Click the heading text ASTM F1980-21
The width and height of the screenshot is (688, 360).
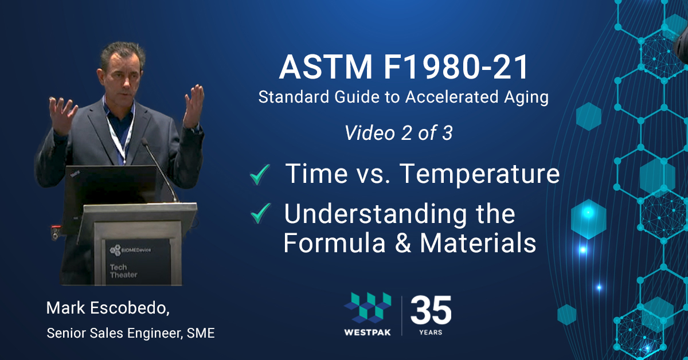coord(404,67)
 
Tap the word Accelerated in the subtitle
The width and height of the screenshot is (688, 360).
coord(452,97)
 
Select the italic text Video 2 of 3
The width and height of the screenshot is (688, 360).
coord(398,133)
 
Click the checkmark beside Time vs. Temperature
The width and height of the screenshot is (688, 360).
coord(260,174)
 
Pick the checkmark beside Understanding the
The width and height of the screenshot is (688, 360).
coord(260,213)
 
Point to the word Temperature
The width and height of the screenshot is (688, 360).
coord(479,174)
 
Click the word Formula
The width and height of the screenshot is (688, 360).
coord(334,243)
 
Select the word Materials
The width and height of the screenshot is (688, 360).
coord(478,243)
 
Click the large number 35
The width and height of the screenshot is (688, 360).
coord(431,310)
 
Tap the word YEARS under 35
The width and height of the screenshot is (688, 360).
coord(431,332)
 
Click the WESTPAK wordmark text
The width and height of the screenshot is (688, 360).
coord(368,332)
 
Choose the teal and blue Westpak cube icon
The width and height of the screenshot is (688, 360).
coord(368,308)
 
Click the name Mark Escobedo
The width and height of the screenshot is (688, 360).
coord(108,308)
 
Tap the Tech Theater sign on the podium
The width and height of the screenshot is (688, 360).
coord(123,271)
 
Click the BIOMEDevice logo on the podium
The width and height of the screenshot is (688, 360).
coord(131,250)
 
